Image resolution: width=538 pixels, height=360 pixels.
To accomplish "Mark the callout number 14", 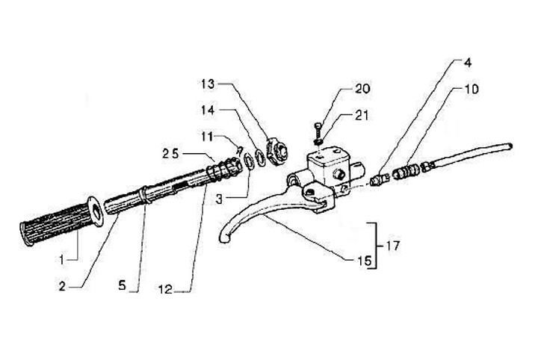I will tap(208, 109).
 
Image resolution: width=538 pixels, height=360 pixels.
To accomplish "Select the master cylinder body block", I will tap(329, 168).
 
